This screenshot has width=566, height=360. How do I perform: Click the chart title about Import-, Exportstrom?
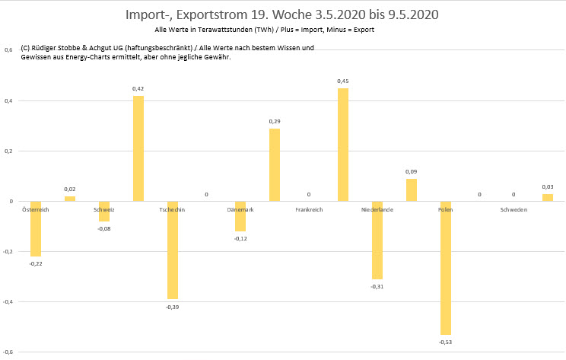[x=283, y=14]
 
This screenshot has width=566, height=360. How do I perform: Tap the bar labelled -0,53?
[x=446, y=268]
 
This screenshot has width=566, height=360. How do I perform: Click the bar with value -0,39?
[x=173, y=250]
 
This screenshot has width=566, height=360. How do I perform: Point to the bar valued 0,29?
[x=275, y=164]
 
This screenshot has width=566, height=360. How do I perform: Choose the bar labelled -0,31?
[x=377, y=241]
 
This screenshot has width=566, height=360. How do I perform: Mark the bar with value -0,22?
[x=36, y=228]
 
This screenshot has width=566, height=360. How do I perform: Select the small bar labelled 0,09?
[x=412, y=190]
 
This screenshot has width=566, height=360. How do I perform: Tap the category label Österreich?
[x=36, y=209]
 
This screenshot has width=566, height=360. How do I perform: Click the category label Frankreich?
[x=309, y=209]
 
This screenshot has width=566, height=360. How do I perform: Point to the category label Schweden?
[x=514, y=209]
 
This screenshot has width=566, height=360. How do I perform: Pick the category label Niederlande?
[x=377, y=209]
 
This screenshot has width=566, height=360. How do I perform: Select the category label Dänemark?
[x=240, y=209]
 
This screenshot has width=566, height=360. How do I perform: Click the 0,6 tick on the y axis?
[x=8, y=50]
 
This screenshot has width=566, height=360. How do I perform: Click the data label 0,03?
[x=548, y=187]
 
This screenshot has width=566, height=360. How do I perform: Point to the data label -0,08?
[x=104, y=228]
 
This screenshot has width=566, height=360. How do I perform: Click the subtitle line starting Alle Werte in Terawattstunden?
[x=264, y=30]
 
